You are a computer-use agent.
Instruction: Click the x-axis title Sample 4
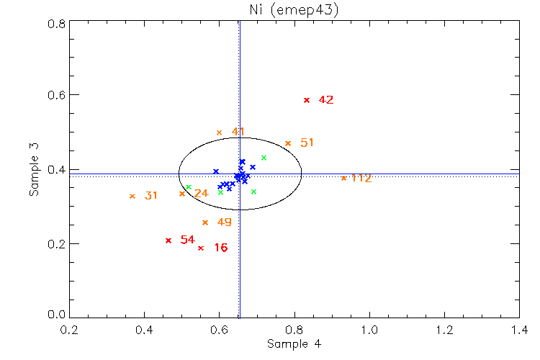point(293,344)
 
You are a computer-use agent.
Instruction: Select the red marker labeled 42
point(307,100)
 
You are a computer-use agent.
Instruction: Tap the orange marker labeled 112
point(343,178)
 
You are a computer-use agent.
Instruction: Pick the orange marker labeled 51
point(288,143)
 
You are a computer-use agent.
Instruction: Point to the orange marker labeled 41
point(220,132)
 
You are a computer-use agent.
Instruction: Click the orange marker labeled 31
point(132,196)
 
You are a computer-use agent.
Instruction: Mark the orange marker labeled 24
point(182,194)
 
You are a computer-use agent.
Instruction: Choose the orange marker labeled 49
point(205,222)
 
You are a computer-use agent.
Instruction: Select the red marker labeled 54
point(168,240)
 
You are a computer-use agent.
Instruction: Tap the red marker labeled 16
point(201,248)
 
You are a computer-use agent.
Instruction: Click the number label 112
point(361,178)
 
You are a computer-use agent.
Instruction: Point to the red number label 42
point(325,100)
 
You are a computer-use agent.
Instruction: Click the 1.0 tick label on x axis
point(369,330)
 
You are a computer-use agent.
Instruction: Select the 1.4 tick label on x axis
point(519,330)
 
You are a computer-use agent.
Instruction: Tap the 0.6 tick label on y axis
point(57,95)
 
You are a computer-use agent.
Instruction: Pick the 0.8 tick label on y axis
point(57,23)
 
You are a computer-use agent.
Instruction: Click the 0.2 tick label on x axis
point(70,330)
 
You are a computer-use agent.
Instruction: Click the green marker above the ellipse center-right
point(264,158)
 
